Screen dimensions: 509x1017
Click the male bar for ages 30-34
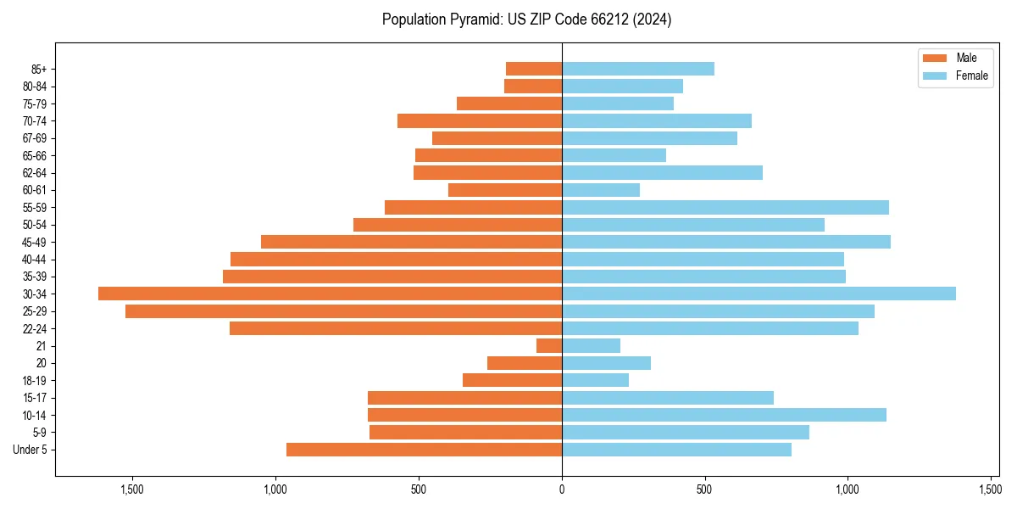click(331, 294)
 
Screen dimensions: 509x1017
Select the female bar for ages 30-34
click(759, 294)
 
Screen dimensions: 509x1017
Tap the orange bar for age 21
click(549, 345)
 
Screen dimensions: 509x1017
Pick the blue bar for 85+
click(637, 69)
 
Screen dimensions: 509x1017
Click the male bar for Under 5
click(424, 450)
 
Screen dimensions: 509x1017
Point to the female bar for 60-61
click(600, 190)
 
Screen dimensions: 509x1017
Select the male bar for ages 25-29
click(343, 311)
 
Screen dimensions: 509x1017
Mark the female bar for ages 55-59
click(725, 207)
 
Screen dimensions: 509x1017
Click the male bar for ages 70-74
click(480, 120)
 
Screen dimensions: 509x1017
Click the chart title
click(526, 19)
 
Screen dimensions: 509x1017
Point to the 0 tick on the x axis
click(562, 489)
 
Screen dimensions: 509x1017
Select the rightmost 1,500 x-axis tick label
click(990, 489)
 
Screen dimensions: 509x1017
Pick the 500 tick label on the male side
click(419, 489)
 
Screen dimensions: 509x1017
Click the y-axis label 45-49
click(34, 242)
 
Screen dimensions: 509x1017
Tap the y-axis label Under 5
click(31, 450)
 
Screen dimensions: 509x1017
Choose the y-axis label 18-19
click(34, 380)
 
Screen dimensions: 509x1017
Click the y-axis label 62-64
click(34, 172)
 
